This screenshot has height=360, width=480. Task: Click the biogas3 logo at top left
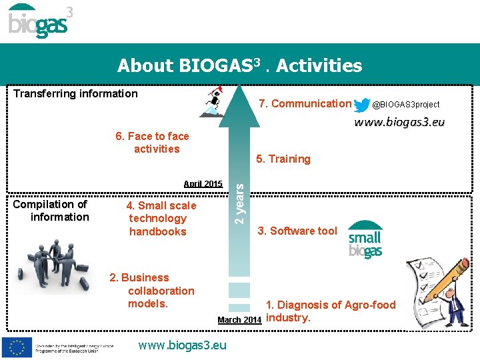point(40,21)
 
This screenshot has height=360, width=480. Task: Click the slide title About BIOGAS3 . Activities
point(239,65)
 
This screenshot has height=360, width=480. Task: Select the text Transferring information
point(75,93)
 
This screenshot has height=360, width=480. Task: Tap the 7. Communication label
point(304,103)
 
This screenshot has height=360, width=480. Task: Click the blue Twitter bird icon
point(362,105)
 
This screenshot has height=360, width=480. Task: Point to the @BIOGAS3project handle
point(405,105)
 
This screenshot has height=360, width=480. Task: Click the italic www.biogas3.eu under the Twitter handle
point(399,122)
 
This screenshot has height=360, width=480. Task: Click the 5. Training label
point(283,159)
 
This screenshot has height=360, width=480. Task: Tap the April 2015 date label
point(203,183)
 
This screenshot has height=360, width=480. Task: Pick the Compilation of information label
point(51,211)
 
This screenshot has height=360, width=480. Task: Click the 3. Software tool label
point(297,231)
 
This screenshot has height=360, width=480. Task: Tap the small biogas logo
point(365,240)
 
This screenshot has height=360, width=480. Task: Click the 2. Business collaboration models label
point(153,291)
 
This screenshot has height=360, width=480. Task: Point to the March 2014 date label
point(239,320)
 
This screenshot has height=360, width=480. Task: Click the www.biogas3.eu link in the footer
point(182,345)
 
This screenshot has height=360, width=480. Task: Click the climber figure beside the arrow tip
point(214,103)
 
